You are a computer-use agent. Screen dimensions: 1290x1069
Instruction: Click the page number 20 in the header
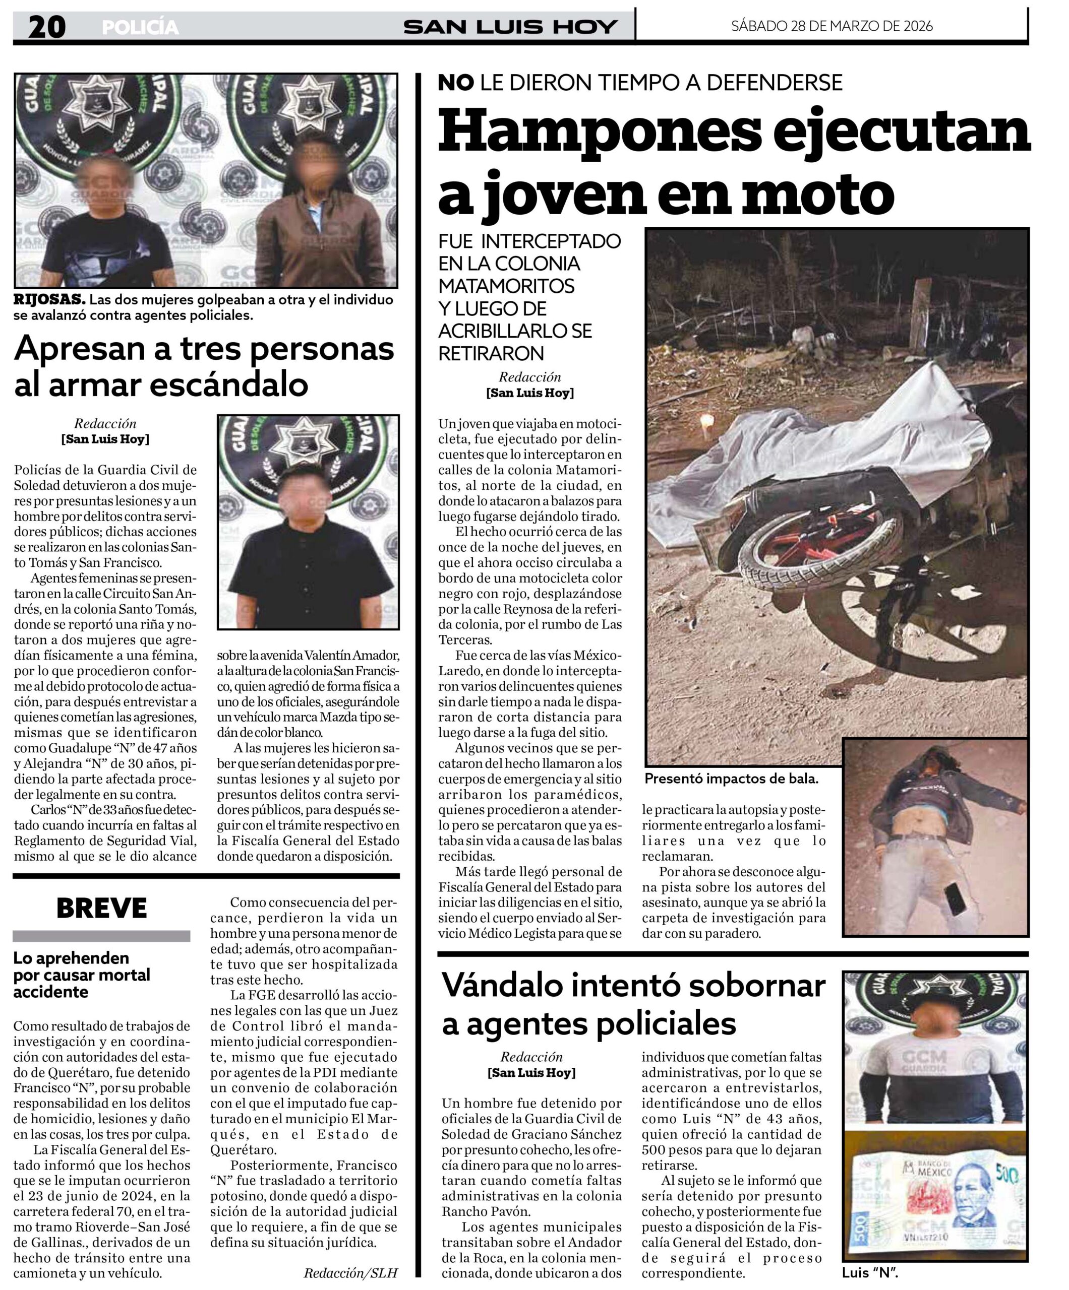47,27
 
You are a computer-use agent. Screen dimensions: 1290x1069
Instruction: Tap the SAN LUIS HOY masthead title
510,27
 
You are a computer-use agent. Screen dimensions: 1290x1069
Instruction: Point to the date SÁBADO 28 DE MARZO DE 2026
831,26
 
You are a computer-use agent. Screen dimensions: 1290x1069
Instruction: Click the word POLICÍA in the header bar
140,28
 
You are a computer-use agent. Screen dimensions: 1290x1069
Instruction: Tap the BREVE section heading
101,908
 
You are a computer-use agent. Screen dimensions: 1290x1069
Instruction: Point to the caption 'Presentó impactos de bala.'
731,779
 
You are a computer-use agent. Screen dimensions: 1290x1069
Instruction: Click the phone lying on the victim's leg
954,900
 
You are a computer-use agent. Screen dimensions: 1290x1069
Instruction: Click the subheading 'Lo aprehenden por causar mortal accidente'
82,975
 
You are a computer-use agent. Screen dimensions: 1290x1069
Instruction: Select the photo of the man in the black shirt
308,522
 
